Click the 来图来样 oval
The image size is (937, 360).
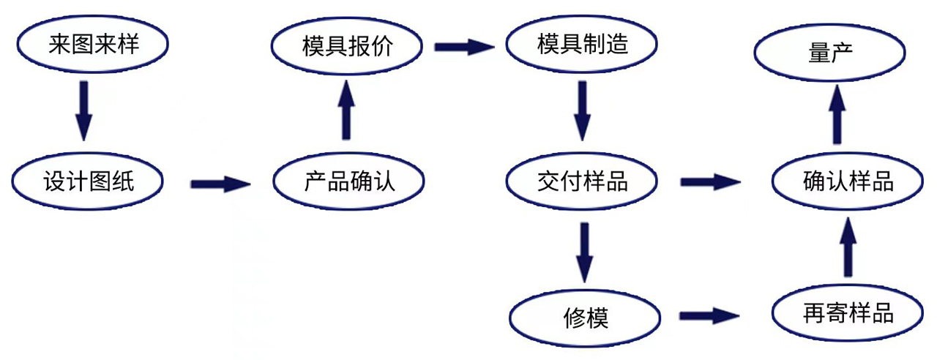click(x=93, y=45)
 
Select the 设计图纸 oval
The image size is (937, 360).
click(x=88, y=181)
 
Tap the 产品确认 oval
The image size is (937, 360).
click(x=348, y=181)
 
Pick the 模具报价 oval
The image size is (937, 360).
click(x=348, y=46)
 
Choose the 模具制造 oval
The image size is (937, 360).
click(x=583, y=45)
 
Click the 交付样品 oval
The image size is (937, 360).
click(x=583, y=181)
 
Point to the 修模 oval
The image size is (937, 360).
click(x=586, y=318)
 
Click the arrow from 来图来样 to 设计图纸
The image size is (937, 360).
click(x=84, y=110)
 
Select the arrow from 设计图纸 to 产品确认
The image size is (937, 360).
click(x=220, y=183)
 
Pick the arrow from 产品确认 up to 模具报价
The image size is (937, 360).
click(x=346, y=110)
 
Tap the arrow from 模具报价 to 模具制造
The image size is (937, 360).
click(x=464, y=48)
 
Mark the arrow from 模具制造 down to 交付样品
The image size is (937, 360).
click(x=583, y=110)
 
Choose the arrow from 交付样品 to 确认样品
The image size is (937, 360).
click(x=710, y=181)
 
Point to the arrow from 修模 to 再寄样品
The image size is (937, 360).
click(x=709, y=316)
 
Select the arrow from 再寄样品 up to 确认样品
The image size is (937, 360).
click(x=848, y=249)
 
